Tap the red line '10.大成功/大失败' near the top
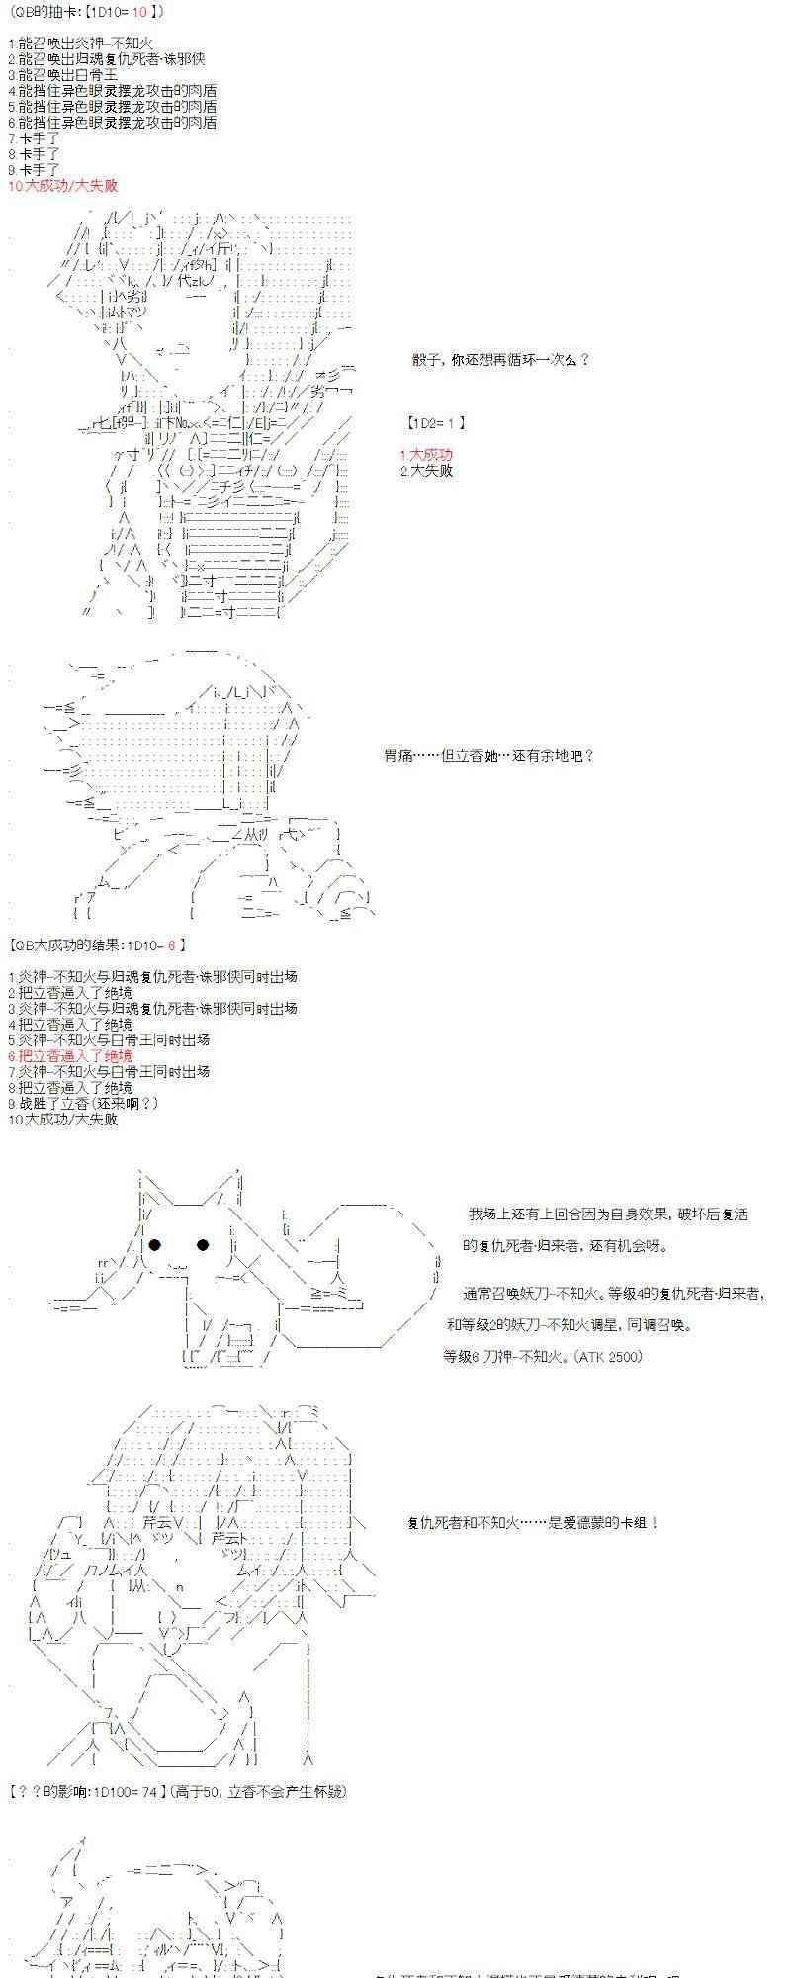tap(62, 186)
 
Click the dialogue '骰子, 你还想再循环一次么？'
tap(500, 360)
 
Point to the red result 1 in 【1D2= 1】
tap(450, 423)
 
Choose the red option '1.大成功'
tap(426, 455)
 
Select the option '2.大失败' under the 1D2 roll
tap(426, 471)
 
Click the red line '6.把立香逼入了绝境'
tap(69, 1056)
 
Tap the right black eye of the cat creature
tap(204, 1245)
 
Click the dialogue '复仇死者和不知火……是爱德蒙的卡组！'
tap(533, 1523)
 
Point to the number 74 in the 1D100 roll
tap(149, 1792)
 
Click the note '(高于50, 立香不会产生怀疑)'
tap(258, 1792)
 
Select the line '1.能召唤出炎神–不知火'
tap(80, 44)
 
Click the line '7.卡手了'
tap(34, 138)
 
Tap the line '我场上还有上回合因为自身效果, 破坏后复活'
tap(608, 1214)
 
